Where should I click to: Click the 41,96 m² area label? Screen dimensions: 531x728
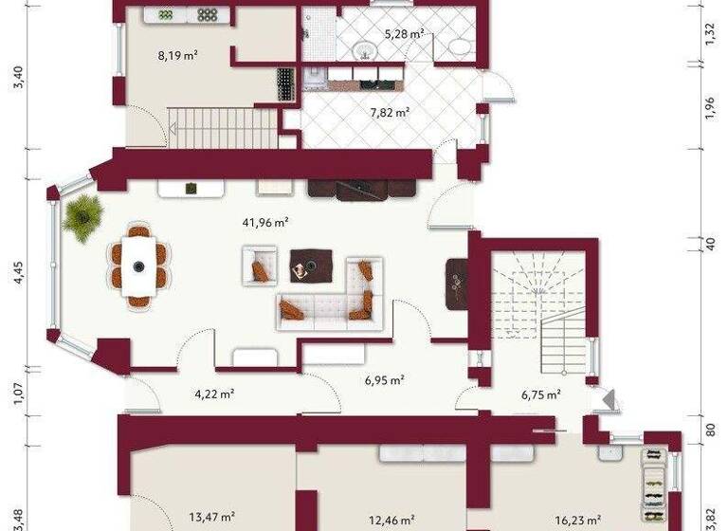pos(266,224)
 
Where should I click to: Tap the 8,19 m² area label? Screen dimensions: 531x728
pos(177,56)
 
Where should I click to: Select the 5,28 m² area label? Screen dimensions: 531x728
pos(403,35)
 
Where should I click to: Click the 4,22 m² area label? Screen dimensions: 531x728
pos(214,394)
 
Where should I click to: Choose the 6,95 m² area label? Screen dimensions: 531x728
pos(385,380)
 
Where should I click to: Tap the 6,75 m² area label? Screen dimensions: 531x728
pos(541,394)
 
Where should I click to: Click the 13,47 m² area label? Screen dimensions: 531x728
pos(211,517)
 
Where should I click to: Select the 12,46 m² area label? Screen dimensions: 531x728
pos(391,519)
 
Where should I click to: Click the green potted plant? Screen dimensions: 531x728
pos(83,215)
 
